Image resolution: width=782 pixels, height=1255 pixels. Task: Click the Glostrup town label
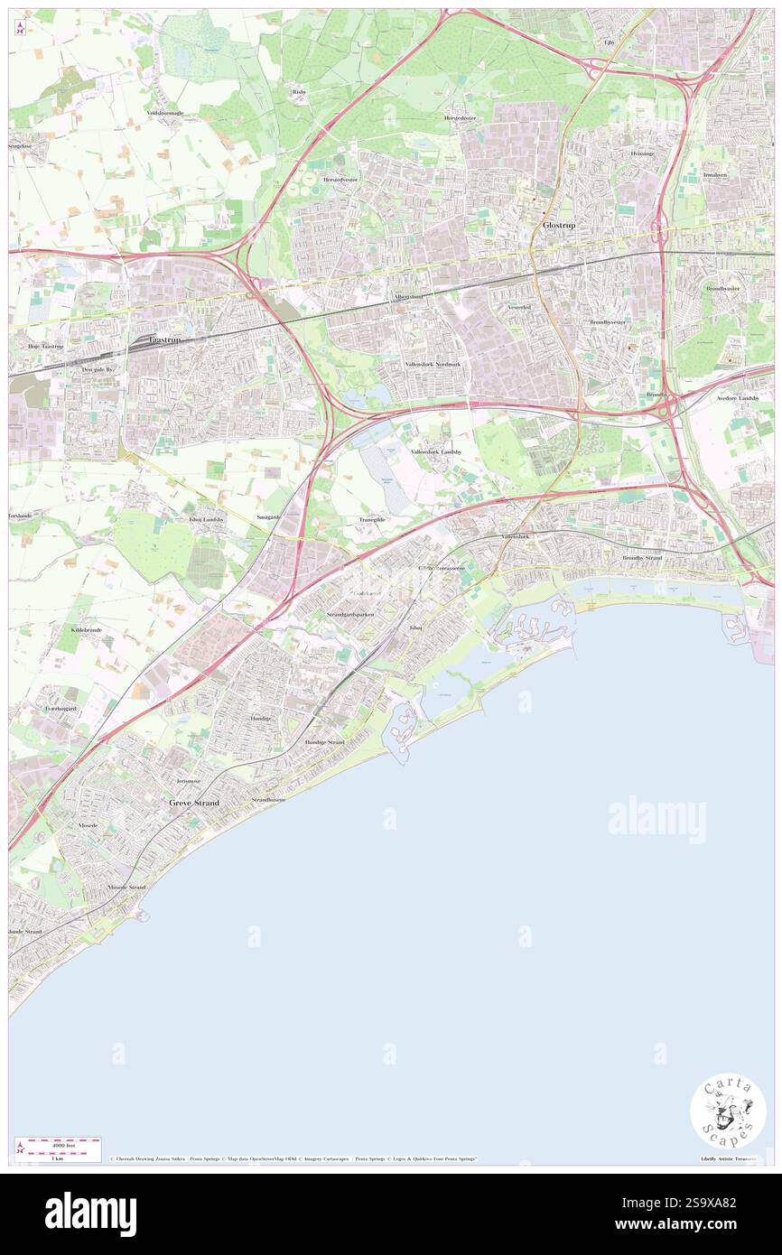(559, 225)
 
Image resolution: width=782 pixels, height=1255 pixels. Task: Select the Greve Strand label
(194, 802)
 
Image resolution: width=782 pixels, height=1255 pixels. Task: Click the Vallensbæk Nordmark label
(433, 364)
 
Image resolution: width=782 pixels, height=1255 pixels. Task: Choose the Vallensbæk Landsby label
(436, 451)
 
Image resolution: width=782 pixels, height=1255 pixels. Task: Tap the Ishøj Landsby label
(206, 520)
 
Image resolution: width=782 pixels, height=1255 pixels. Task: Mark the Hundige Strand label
(324, 742)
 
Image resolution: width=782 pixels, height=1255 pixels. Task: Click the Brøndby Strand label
(642, 558)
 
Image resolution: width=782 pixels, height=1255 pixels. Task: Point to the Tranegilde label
(372, 520)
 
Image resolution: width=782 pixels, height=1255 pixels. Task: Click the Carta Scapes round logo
(728, 1111)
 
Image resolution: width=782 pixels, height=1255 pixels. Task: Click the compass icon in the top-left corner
(20, 27)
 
